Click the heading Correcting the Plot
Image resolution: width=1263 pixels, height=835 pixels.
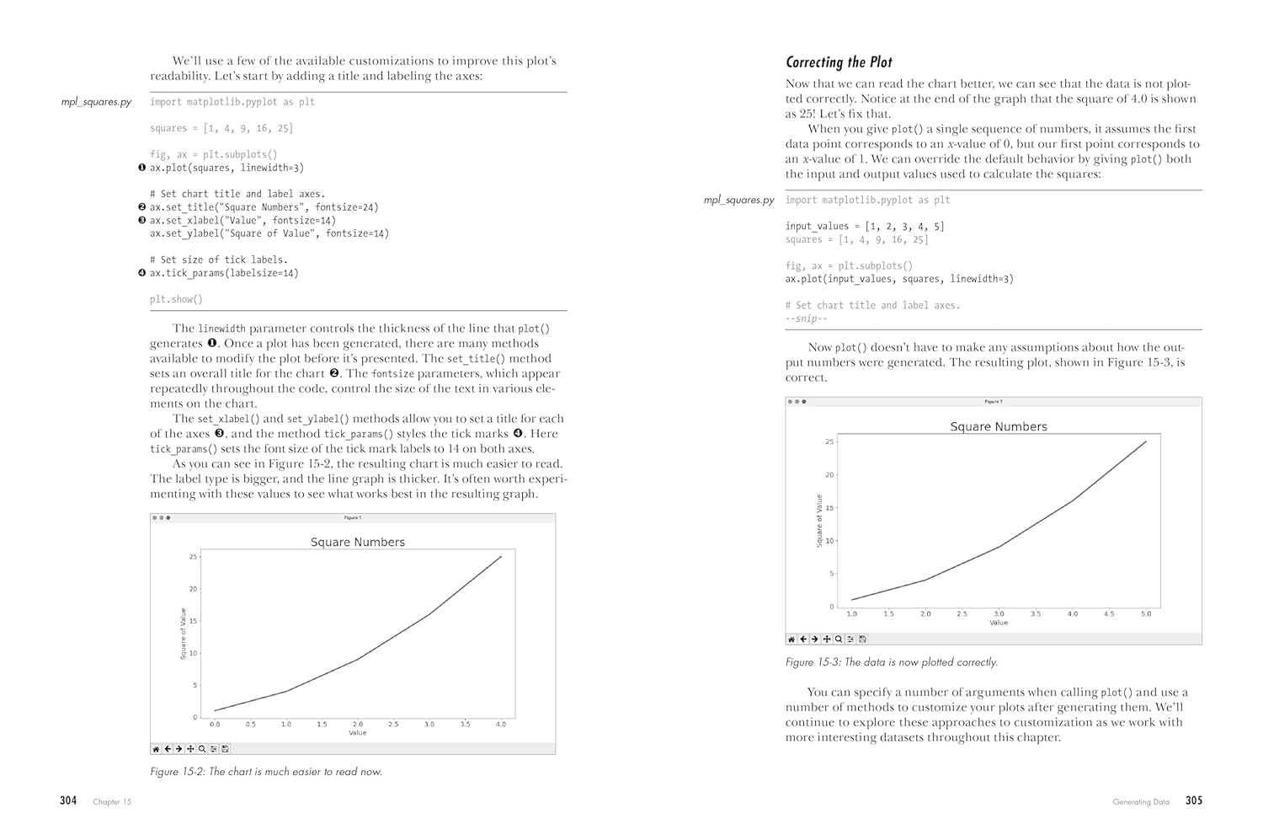click(x=839, y=62)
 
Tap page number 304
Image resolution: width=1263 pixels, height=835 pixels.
click(x=68, y=800)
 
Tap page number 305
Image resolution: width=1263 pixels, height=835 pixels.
click(x=1194, y=800)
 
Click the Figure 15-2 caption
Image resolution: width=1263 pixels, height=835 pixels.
click(x=266, y=772)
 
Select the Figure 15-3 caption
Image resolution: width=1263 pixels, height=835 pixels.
click(x=892, y=662)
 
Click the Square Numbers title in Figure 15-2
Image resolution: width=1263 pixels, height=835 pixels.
click(x=358, y=543)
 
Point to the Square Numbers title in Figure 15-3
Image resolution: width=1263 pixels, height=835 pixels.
click(x=999, y=427)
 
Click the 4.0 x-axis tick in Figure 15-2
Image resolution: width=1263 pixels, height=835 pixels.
click(x=501, y=725)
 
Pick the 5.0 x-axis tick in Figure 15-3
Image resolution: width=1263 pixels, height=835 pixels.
click(x=1146, y=614)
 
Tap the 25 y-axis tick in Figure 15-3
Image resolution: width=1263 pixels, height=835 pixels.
click(x=829, y=442)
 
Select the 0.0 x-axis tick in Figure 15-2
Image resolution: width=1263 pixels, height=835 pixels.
click(x=215, y=725)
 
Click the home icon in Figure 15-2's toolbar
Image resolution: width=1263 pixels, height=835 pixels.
click(x=156, y=749)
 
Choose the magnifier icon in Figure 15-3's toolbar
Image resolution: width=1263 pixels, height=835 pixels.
click(x=839, y=640)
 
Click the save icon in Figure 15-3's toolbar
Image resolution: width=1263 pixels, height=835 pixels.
click(x=862, y=640)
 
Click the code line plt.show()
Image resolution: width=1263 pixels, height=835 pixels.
click(x=176, y=299)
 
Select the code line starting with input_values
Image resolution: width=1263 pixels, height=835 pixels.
click(x=865, y=227)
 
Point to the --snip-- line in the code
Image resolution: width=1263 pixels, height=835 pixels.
click(x=806, y=318)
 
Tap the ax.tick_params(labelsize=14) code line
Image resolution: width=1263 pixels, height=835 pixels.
click(x=224, y=273)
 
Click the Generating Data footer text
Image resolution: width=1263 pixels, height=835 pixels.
click(x=1141, y=802)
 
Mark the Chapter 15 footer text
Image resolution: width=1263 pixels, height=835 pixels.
click(x=112, y=802)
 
